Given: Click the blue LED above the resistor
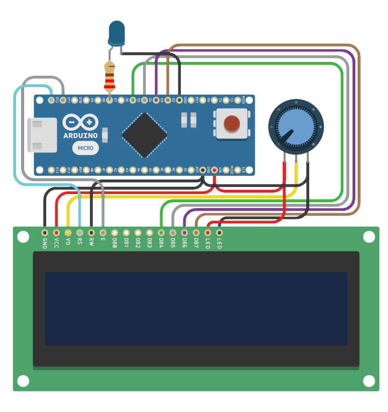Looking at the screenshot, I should (116, 33).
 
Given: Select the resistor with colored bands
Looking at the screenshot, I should (110, 77).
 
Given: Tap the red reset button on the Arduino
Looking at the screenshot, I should (232, 123).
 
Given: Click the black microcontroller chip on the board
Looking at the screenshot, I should (144, 135).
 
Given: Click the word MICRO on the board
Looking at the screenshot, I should (86, 148).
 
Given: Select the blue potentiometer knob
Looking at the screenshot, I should (296, 129).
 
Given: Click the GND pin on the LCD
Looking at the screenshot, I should (45, 232).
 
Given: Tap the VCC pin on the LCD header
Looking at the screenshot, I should (56, 232).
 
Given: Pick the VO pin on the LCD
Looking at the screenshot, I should (68, 232).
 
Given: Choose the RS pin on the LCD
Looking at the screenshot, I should (79, 232).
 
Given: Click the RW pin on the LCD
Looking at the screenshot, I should (91, 232).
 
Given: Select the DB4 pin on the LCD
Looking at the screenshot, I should (161, 232).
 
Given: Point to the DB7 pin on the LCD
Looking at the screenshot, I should (196, 232).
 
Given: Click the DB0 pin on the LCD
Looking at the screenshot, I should (114, 232).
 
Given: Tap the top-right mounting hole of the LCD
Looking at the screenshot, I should (369, 237).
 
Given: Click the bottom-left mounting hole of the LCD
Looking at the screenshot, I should (23, 381).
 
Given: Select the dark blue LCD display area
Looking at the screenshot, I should (196, 309).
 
